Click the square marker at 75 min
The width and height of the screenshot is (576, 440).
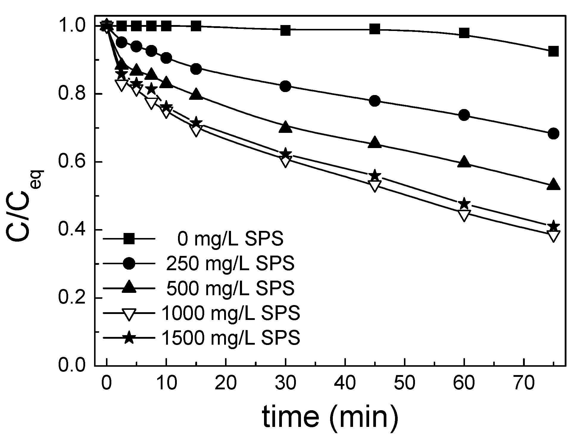pyautogui.click(x=553, y=51)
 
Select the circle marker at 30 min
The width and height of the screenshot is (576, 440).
pyautogui.click(x=285, y=86)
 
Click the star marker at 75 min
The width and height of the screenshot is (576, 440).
pyautogui.click(x=553, y=226)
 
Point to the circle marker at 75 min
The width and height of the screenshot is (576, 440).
pyautogui.click(x=553, y=133)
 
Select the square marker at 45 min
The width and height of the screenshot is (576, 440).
pyautogui.click(x=375, y=29)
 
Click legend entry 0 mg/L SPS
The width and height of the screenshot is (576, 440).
pyautogui.click(x=230, y=239)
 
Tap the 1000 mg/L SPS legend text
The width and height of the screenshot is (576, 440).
pyautogui.click(x=231, y=313)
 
